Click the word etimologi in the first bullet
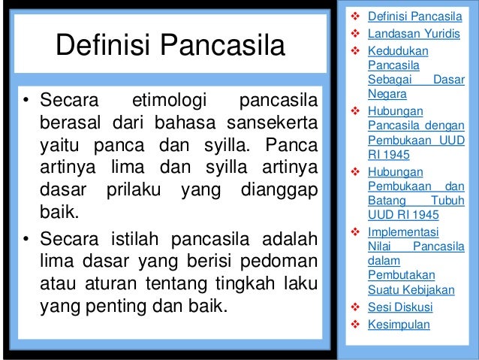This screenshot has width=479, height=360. [164, 101]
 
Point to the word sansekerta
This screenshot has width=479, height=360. [277, 123]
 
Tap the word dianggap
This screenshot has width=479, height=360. [278, 191]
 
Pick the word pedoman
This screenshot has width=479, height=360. [282, 263]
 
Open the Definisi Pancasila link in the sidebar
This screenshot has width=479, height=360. [415, 14]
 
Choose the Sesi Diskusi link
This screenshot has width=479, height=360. [400, 307]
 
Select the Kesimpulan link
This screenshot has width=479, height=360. [399, 325]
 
